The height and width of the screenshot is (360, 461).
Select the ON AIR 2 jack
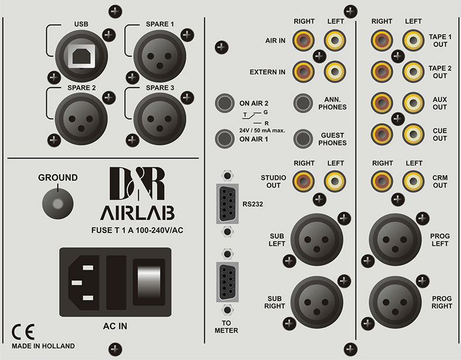coord(225,104)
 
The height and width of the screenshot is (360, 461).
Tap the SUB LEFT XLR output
coord(316,240)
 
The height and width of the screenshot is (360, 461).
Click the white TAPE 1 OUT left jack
coord(413,41)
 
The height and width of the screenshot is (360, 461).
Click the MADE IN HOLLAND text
coord(43,346)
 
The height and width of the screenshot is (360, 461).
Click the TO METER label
coord(225,326)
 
